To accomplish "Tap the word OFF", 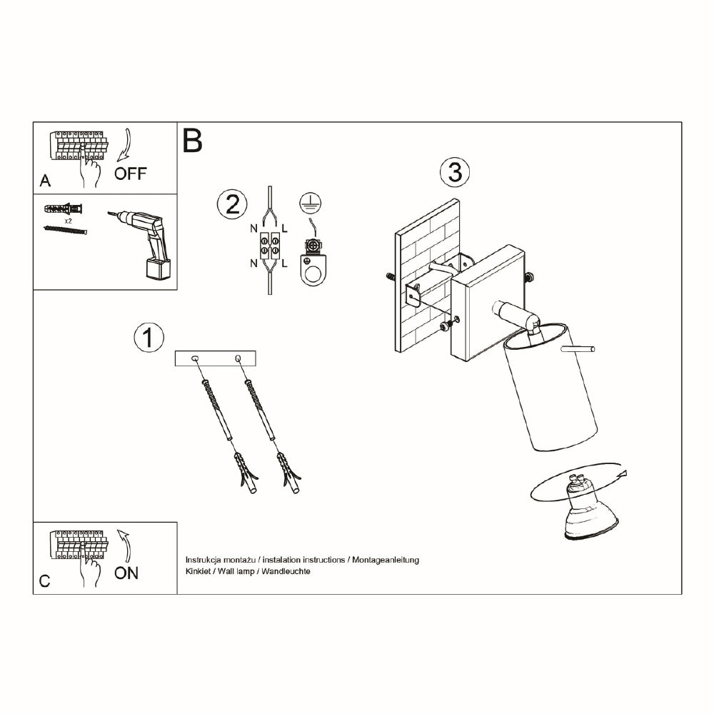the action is tap(130, 174).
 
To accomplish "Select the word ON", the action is tap(126, 573).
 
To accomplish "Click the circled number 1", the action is tap(149, 338).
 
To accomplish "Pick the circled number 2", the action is tap(232, 203).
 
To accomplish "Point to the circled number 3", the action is tap(455, 173).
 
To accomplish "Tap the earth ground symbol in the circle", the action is tap(311, 203).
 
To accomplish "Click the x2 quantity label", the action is tap(69, 221).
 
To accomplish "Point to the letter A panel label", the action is tap(45, 181).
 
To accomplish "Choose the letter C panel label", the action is tap(44, 581).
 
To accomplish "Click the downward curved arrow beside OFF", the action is tap(124, 146).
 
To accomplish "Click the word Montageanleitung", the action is tap(386, 560).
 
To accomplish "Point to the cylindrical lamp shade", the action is tap(550, 388).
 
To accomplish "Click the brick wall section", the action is tap(427, 275).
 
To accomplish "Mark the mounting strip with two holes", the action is tap(216, 359).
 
